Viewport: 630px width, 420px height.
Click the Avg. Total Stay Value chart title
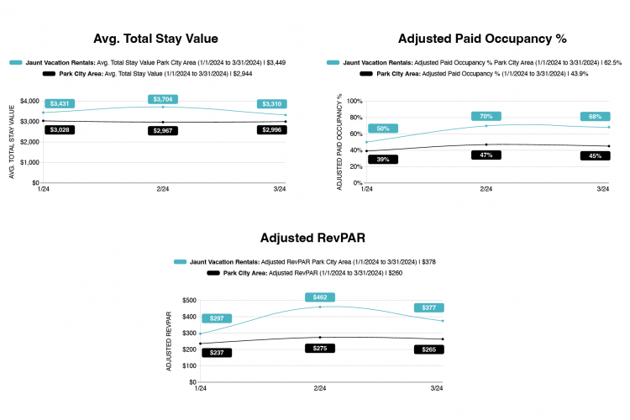tap(156, 39)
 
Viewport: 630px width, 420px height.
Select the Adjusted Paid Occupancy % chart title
tap(482, 39)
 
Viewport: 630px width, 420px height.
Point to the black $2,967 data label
tap(162, 131)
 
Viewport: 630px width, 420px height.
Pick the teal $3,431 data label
tap(60, 103)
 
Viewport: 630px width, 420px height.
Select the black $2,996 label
tap(270, 129)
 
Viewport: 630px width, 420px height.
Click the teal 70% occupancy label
tap(486, 116)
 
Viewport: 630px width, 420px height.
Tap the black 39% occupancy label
tap(382, 159)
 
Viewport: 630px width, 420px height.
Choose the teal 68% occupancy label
tap(594, 116)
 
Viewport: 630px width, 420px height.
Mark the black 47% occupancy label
tap(486, 155)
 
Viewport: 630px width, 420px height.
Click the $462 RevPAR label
tap(320, 297)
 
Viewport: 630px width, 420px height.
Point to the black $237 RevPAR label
tap(217, 353)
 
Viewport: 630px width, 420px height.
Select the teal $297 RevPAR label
tap(217, 318)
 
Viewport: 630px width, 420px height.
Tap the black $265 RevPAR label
tap(428, 349)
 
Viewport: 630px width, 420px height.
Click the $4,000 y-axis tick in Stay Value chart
tap(29, 101)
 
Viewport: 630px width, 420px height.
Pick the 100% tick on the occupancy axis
tap(353, 101)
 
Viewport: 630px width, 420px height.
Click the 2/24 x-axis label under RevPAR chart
tap(319, 389)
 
